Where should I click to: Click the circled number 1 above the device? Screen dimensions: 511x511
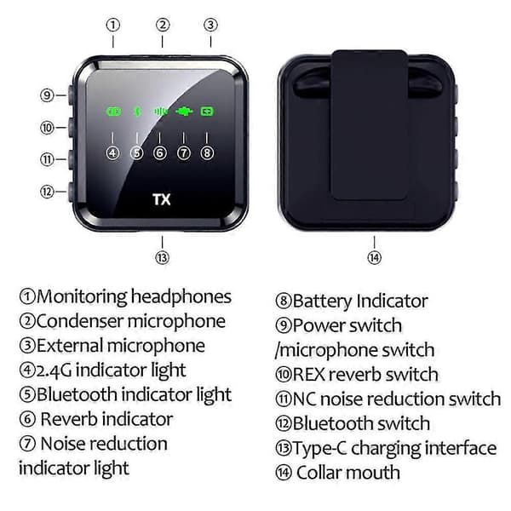pos(113,25)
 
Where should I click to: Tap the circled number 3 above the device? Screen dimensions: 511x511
pos(210,25)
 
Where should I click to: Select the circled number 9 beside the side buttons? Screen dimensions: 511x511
pos(47,95)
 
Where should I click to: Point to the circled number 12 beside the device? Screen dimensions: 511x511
pos(47,192)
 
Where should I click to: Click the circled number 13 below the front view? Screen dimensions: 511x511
pos(163,257)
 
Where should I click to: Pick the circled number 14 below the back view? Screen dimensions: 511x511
pos(375,257)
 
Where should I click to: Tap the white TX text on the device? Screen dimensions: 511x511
pos(162,199)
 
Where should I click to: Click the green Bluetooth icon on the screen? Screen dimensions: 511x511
pos(137,112)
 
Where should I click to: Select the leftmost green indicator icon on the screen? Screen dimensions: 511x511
pos(113,112)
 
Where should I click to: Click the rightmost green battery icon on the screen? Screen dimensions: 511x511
pos(207,112)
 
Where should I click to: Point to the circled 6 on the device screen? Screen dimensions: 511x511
pos(160,152)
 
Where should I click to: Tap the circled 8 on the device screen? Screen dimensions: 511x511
pos(207,152)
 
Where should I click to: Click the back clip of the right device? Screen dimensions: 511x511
pos(370,125)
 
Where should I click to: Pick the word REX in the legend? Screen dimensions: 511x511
pos(308,375)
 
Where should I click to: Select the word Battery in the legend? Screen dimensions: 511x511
pos(322,301)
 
